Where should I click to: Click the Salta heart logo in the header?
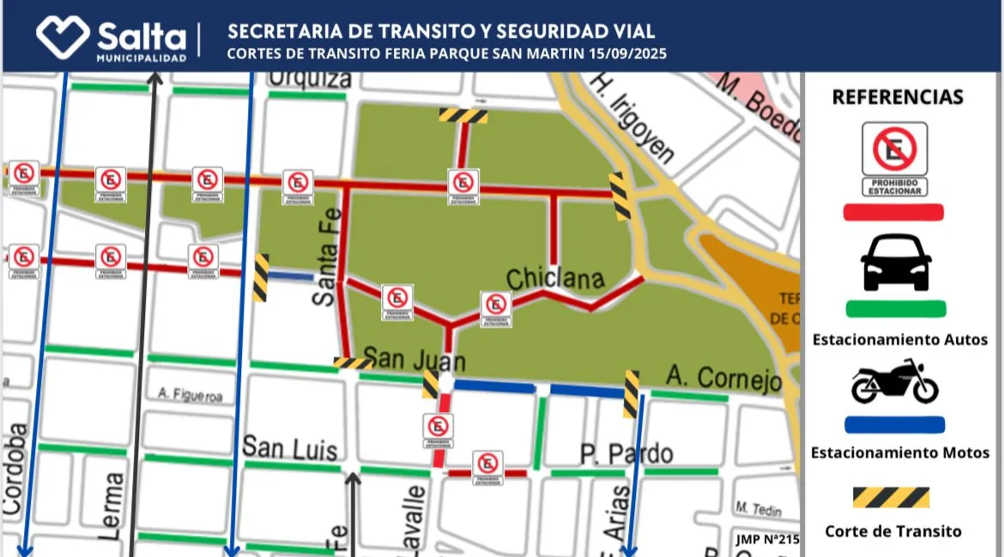(x=63, y=37)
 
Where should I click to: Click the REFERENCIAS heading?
(x=897, y=97)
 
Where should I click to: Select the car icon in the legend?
(x=896, y=263)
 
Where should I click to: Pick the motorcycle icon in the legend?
(x=895, y=382)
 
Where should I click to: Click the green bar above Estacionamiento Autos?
(x=896, y=309)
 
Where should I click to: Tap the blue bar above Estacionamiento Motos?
(x=894, y=424)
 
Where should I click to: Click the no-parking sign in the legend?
(x=895, y=158)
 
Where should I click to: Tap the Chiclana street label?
(x=555, y=279)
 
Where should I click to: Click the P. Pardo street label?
(x=626, y=453)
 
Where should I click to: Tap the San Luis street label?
(x=289, y=448)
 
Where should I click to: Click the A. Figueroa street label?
(x=190, y=396)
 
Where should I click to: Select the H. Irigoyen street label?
(x=632, y=118)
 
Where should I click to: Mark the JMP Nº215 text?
(x=767, y=540)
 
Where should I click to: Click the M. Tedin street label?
(x=758, y=510)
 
